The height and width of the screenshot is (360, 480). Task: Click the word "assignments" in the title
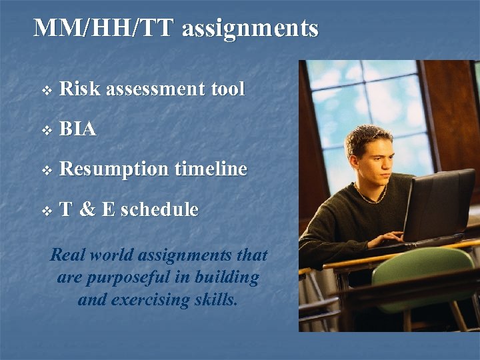tap(250, 29)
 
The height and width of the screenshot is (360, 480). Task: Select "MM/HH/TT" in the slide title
tap(103, 29)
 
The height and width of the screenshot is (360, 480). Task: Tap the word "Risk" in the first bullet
tap(80, 89)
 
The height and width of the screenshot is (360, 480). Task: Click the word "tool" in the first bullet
tap(227, 89)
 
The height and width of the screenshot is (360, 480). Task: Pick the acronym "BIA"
tap(78, 129)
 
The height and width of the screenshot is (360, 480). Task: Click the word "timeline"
tap(211, 169)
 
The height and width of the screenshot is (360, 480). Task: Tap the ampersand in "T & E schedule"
tap(87, 209)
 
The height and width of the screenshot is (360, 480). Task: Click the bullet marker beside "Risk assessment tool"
tap(45, 89)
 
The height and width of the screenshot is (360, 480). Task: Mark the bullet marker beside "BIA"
tap(45, 129)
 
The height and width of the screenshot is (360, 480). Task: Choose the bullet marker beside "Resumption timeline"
tap(45, 170)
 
